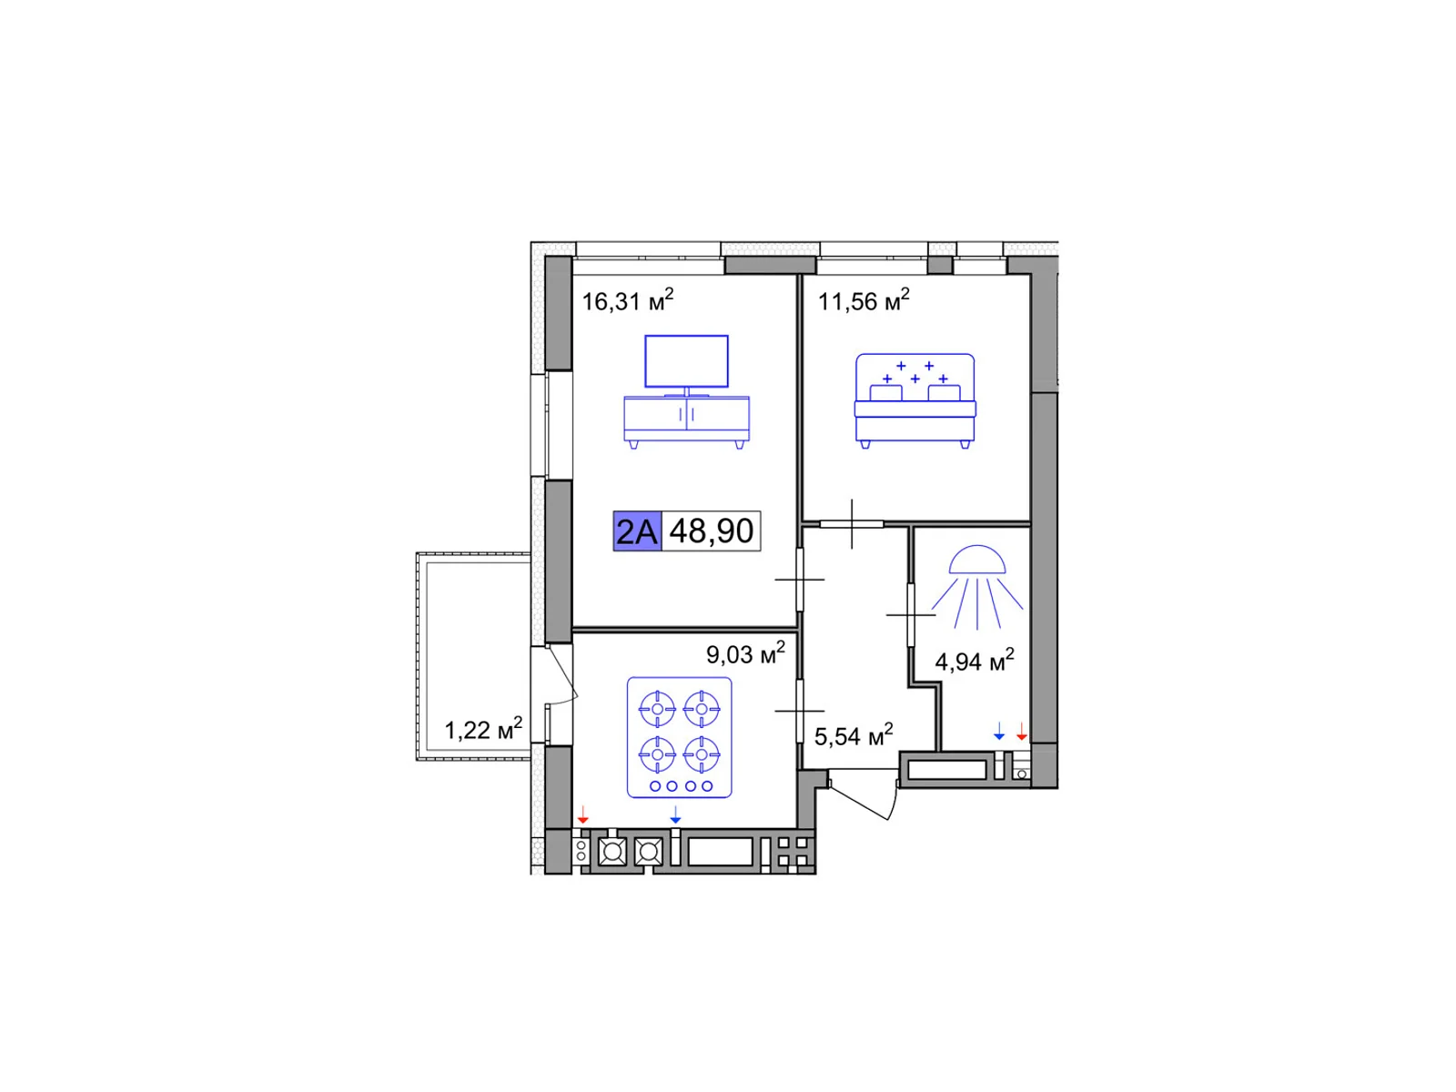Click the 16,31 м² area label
(627, 300)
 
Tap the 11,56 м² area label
(863, 300)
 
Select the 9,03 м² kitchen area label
(745, 653)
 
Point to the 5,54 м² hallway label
(854, 735)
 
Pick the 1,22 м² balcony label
(483, 729)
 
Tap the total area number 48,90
(711, 531)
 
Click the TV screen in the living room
(686, 360)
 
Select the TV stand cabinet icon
(686, 421)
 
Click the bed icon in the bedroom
(915, 401)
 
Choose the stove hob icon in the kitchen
(679, 737)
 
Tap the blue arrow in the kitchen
(675, 814)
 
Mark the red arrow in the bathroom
(1022, 732)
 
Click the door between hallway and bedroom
(852, 524)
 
